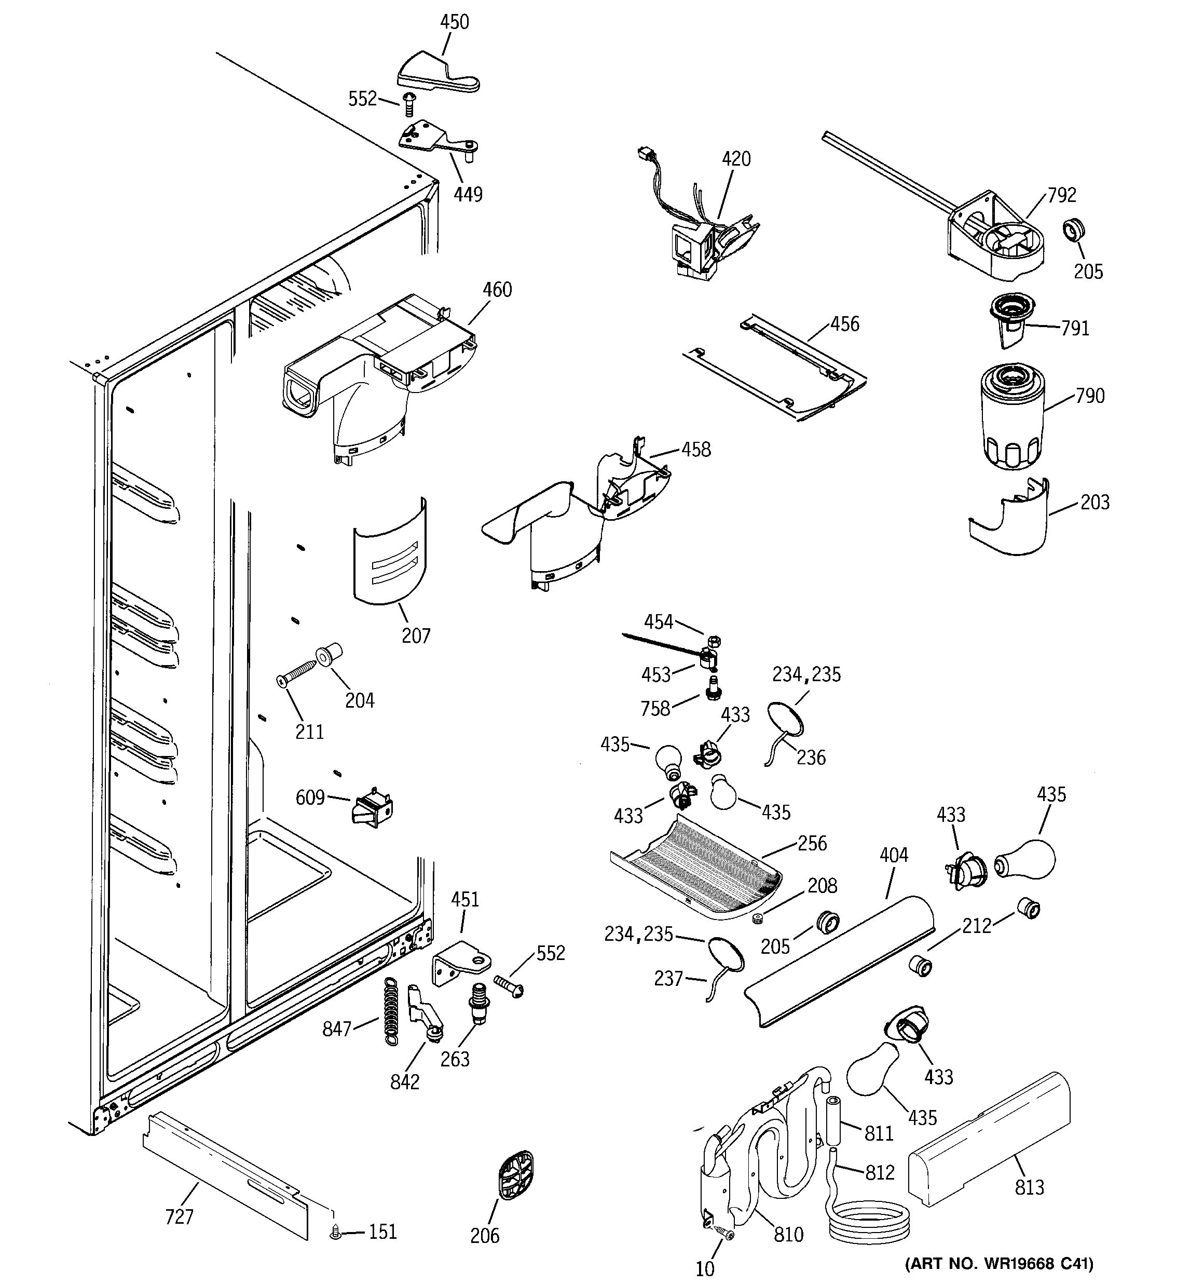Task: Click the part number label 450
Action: tap(454, 22)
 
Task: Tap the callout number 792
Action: tap(1062, 195)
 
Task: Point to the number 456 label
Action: tap(845, 324)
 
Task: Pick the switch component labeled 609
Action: tap(372, 807)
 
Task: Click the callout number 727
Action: tap(179, 1216)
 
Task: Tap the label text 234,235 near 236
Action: tap(806, 675)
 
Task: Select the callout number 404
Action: tap(894, 855)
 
